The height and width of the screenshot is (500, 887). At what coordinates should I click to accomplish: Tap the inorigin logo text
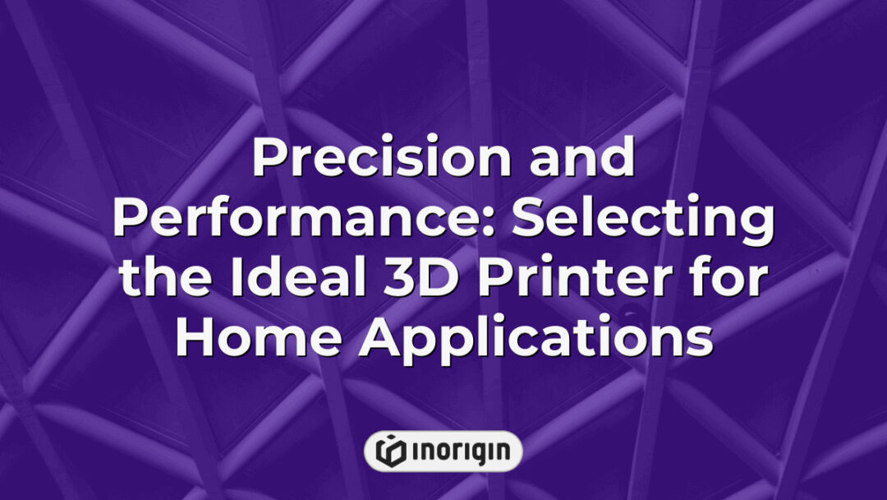tap(457, 451)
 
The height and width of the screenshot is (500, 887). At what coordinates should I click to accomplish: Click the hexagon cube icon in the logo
tap(388, 451)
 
